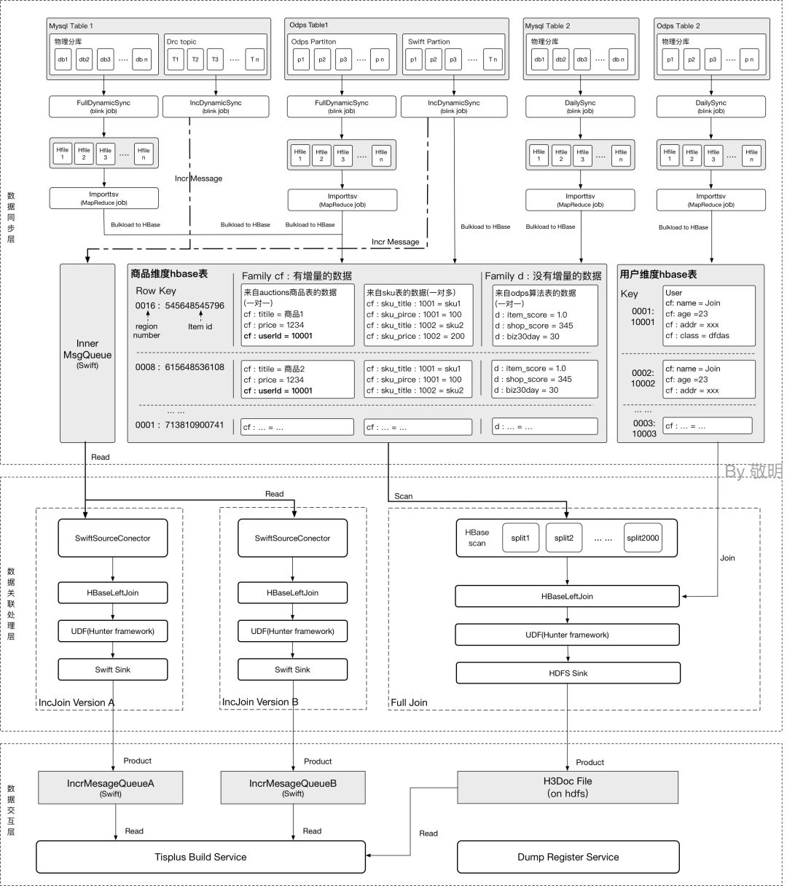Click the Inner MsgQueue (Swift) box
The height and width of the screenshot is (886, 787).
(x=87, y=353)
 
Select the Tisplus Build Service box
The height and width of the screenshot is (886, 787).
(x=200, y=857)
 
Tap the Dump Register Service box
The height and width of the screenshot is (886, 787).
(x=568, y=857)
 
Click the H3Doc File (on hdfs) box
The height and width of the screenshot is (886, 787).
(x=568, y=787)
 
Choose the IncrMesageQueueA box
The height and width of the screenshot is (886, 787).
(x=111, y=788)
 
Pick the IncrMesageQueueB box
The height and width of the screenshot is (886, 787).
(x=293, y=788)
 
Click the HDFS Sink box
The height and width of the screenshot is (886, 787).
(x=568, y=673)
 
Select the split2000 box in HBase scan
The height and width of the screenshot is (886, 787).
(x=643, y=538)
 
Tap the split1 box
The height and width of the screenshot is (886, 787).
(x=520, y=538)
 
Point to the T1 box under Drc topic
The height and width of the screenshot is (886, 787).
(x=175, y=60)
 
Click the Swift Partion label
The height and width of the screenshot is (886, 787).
(x=428, y=42)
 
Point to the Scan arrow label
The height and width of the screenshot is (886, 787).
(x=403, y=496)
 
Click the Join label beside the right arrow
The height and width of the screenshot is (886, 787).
(x=727, y=558)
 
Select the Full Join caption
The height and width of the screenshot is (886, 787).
(x=410, y=702)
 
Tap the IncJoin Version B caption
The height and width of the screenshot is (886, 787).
(x=260, y=702)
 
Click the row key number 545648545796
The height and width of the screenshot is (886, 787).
(x=195, y=305)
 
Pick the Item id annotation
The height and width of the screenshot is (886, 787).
(x=200, y=326)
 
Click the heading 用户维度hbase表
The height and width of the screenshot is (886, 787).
(x=658, y=275)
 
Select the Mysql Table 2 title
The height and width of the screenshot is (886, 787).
(x=547, y=26)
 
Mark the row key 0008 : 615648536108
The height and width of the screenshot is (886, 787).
(x=179, y=367)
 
